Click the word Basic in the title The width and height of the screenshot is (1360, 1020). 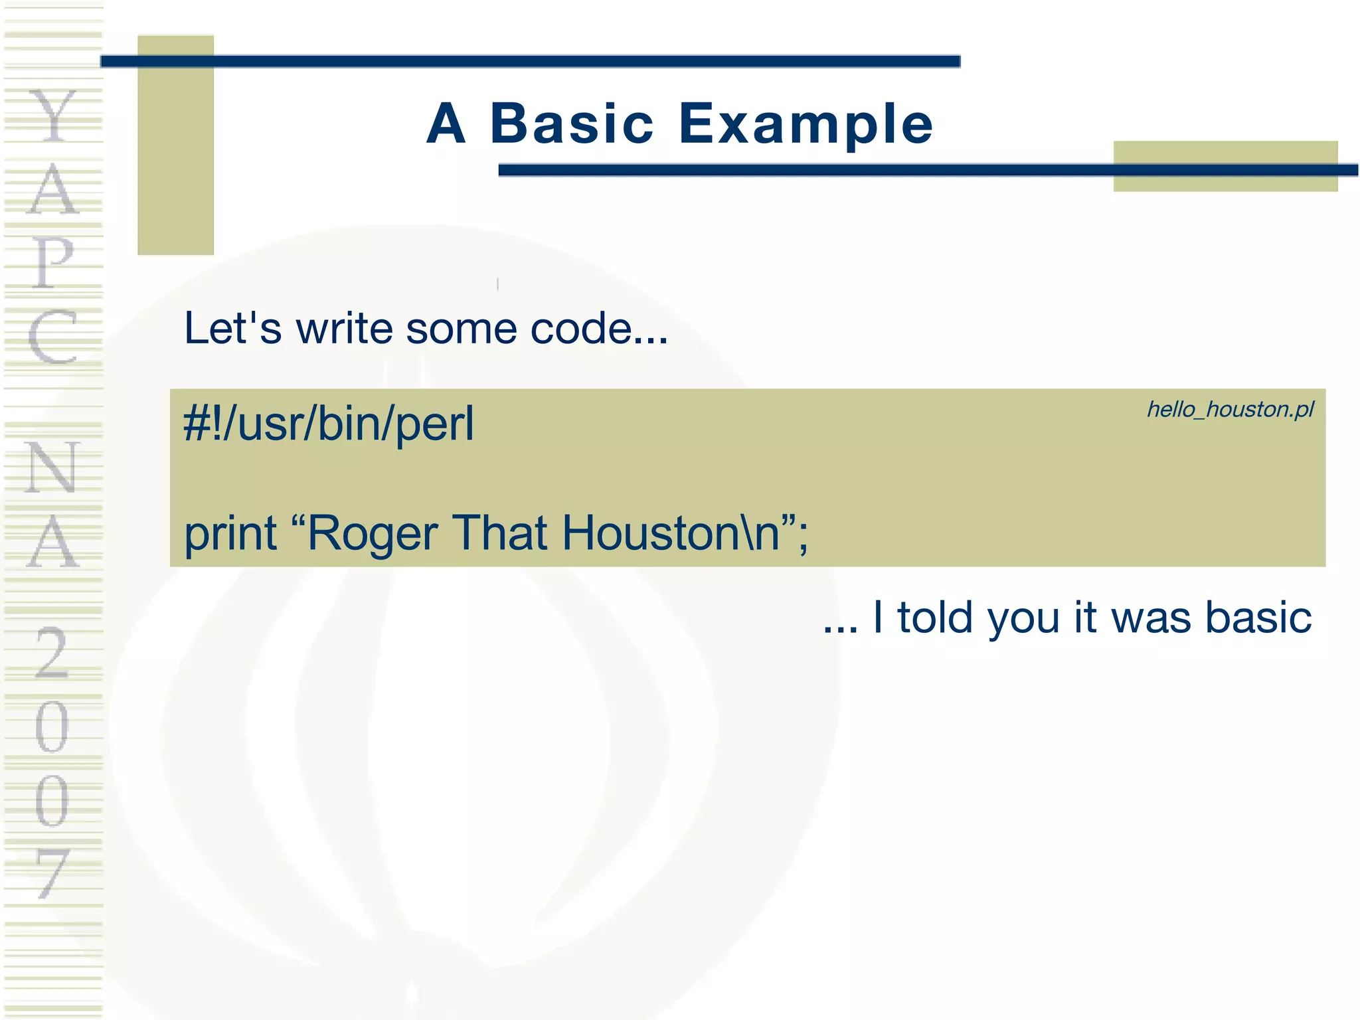[572, 124]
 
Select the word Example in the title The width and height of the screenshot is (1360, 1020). [806, 126]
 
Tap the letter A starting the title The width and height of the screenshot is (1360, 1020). [446, 124]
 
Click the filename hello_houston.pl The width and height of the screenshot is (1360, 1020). [1230, 410]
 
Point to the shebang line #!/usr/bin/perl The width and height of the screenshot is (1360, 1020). [329, 424]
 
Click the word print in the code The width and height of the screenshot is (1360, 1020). [230, 533]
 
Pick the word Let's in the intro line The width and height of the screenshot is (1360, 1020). [232, 328]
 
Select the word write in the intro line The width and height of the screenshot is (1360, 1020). [345, 328]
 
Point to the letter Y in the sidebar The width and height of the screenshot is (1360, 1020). [52, 117]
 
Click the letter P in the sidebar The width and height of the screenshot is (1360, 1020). [52, 262]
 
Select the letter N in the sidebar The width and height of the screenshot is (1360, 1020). [52, 467]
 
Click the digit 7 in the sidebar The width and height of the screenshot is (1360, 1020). [52, 873]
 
